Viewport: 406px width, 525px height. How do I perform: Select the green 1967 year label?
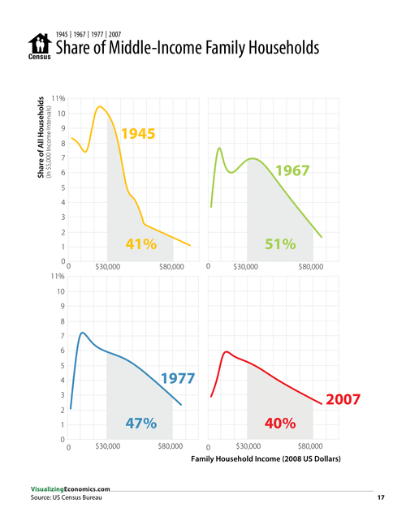(x=293, y=171)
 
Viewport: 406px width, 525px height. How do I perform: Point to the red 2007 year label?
(x=342, y=399)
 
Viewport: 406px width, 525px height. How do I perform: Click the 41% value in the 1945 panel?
(x=140, y=244)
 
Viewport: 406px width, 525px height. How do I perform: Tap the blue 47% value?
(x=140, y=424)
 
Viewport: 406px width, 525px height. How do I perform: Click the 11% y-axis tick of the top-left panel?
(x=58, y=98)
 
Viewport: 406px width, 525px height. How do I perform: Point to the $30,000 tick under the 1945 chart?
(x=108, y=267)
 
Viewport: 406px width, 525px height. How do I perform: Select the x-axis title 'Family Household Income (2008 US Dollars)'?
(x=265, y=459)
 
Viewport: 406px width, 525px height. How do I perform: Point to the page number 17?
(x=380, y=497)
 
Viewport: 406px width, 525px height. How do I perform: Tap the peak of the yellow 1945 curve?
(x=99, y=106)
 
